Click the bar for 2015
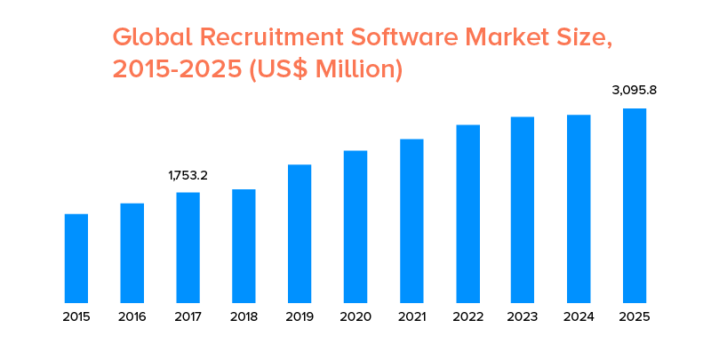coord(76,259)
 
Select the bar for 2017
coord(188,248)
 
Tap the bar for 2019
coord(300,234)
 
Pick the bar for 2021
coord(411,221)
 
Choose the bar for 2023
coord(523,210)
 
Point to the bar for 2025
coord(635,206)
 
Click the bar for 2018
coord(244,246)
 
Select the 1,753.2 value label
coord(188,176)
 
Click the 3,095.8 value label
coord(635,91)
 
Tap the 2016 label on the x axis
coord(132,316)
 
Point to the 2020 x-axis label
coord(355,316)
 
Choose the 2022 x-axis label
coord(467,316)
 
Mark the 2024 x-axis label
coord(579,316)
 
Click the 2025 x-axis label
coord(635,316)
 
